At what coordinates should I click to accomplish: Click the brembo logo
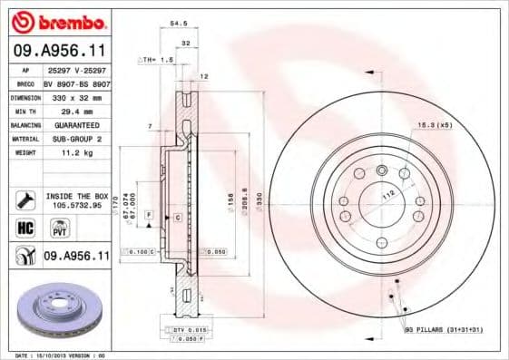click(59, 21)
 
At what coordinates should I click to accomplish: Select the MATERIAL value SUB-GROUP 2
click(76, 140)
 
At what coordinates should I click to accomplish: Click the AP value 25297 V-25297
click(76, 69)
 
